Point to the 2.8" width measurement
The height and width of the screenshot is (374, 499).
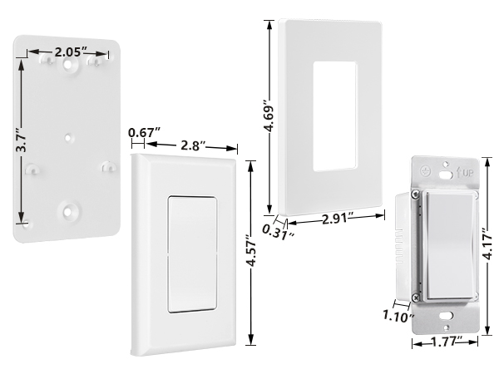[194, 146]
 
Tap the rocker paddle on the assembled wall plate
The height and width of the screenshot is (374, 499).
[191, 255]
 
